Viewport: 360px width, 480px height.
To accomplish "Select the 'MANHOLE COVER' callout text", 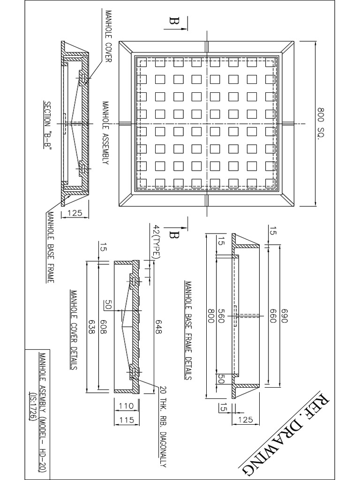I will point(108,39).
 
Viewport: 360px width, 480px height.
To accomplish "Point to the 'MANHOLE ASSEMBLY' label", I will point(105,133).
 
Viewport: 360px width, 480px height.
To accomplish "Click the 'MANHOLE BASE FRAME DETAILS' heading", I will point(188,330).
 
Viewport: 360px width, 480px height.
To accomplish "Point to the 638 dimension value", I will point(91,326).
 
